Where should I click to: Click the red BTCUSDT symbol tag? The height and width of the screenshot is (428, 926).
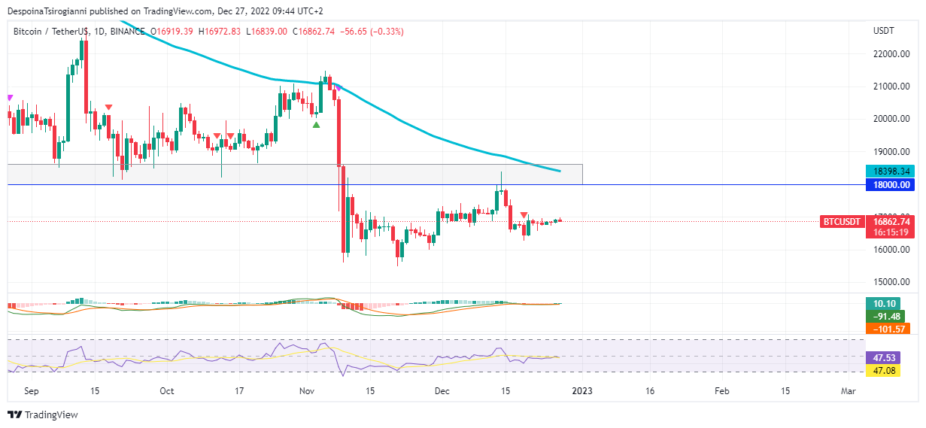click(x=842, y=222)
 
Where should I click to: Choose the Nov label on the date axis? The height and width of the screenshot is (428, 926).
click(x=307, y=391)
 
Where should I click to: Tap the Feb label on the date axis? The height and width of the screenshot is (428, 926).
click(x=721, y=391)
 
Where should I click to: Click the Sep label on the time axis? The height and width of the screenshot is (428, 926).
click(x=31, y=391)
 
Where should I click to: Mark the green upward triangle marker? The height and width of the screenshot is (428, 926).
click(x=317, y=125)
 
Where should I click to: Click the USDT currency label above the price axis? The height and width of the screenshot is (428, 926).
click(x=883, y=31)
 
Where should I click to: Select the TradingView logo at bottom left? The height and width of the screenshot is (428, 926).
click(x=43, y=414)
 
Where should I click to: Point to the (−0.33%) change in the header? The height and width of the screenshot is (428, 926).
click(x=382, y=32)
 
